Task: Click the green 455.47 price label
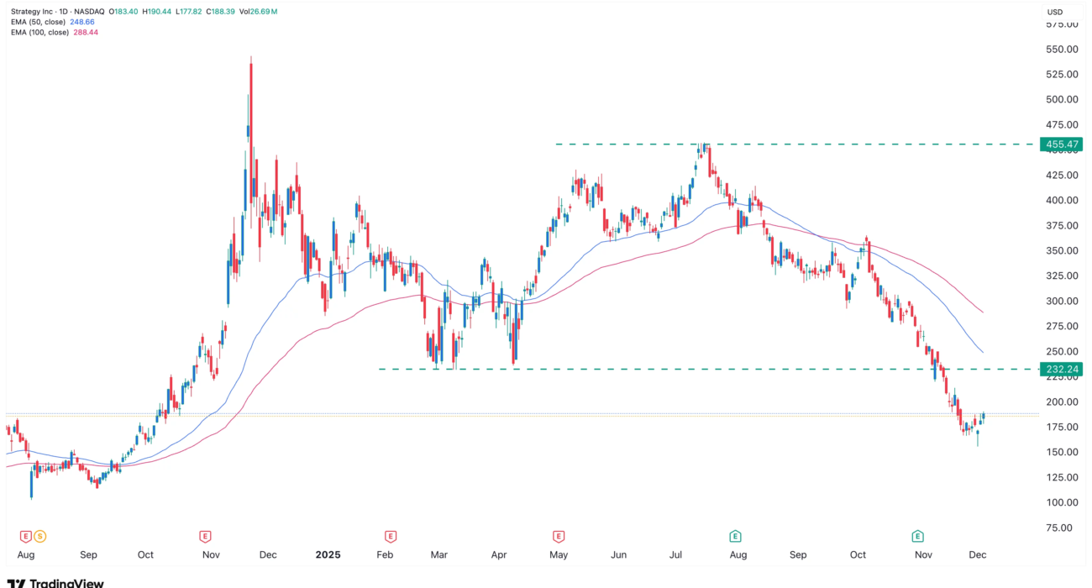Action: pyautogui.click(x=1060, y=144)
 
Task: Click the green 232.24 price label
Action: pyautogui.click(x=1060, y=369)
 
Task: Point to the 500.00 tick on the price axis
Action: pyautogui.click(x=1061, y=99)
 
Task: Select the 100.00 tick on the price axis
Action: pyautogui.click(x=1061, y=502)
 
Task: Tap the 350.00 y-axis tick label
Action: pyautogui.click(x=1061, y=250)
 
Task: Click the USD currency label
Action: pyautogui.click(x=1055, y=12)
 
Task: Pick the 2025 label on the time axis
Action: pyautogui.click(x=327, y=555)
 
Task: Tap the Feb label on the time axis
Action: pyautogui.click(x=385, y=555)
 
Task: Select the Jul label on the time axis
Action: pyautogui.click(x=675, y=555)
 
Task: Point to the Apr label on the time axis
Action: pyautogui.click(x=499, y=555)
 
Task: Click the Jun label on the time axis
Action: pyautogui.click(x=619, y=555)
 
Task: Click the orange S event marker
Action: pyautogui.click(x=39, y=536)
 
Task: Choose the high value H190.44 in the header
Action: pyautogui.click(x=156, y=11)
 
